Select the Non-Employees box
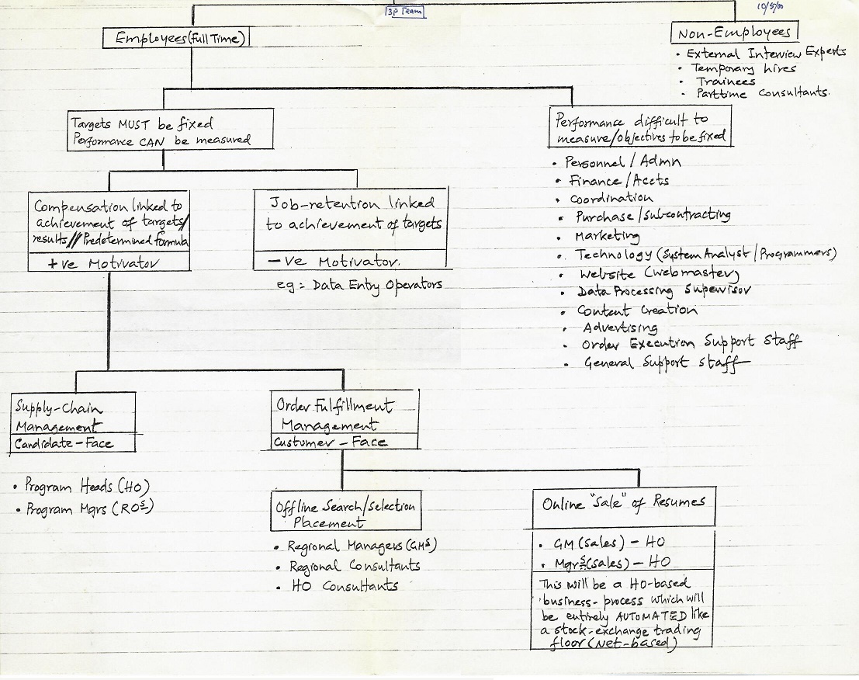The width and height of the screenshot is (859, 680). click(x=733, y=33)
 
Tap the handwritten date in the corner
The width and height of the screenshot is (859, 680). click(x=771, y=7)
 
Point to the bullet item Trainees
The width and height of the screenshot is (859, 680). click(x=725, y=81)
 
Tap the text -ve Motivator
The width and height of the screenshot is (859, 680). click(x=330, y=262)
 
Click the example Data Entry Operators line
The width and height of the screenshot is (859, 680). click(x=359, y=285)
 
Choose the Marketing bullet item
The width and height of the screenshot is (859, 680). click(x=606, y=235)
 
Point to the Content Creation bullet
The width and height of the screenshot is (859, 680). click(x=636, y=310)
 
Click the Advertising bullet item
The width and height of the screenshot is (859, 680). click(x=619, y=328)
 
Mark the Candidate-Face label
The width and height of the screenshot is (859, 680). click(x=64, y=444)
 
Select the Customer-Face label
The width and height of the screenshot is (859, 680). click(x=330, y=442)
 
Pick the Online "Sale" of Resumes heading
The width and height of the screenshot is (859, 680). click(x=623, y=503)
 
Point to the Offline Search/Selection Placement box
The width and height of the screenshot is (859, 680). click(x=345, y=513)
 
